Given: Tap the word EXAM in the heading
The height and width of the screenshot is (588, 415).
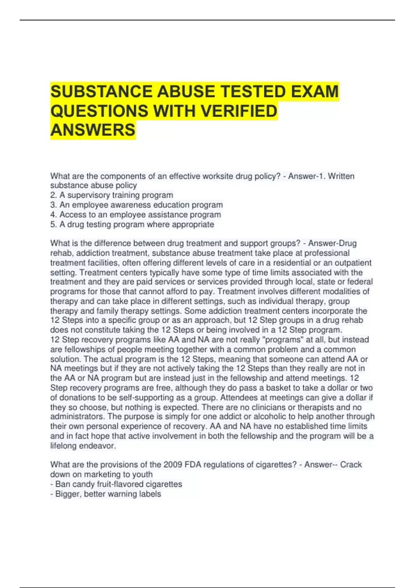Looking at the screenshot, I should (315, 92).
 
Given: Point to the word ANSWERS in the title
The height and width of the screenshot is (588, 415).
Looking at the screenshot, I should (93, 130).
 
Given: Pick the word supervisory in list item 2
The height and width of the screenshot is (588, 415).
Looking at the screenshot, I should (87, 195).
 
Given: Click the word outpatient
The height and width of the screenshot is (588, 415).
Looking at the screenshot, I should (352, 263).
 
